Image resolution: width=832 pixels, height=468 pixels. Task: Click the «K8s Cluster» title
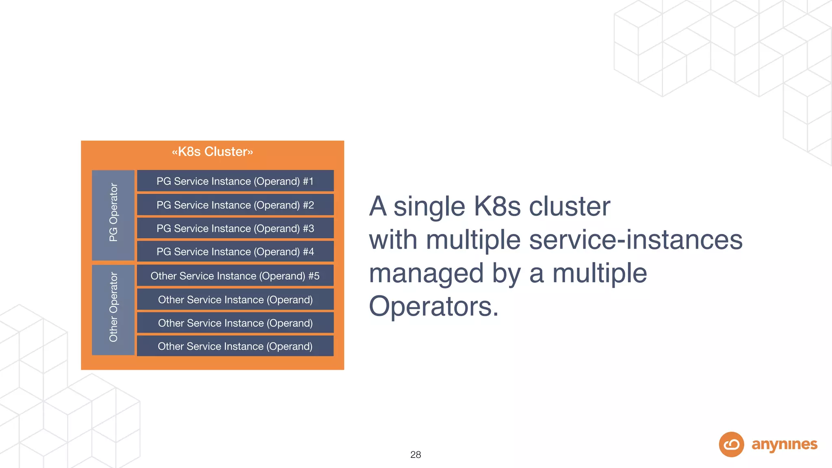click(212, 152)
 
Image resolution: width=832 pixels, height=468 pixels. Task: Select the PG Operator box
click(113, 215)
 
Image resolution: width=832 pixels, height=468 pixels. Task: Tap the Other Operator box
click(113, 310)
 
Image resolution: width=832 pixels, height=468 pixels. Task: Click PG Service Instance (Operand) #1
click(235, 181)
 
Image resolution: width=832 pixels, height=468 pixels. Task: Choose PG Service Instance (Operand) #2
click(235, 205)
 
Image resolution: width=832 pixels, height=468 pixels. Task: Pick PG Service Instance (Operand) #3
click(235, 228)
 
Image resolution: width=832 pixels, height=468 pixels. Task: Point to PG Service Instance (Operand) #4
click(235, 251)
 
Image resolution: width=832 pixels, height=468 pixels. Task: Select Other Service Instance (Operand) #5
click(235, 276)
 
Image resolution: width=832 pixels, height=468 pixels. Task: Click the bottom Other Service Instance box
click(235, 346)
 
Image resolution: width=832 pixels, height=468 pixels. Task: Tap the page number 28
click(416, 455)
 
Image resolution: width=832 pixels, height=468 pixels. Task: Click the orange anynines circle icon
click(731, 444)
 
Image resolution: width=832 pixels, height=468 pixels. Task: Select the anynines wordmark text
click(784, 444)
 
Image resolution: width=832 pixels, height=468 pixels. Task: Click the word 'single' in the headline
click(429, 207)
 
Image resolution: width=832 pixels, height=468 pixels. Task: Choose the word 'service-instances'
click(636, 240)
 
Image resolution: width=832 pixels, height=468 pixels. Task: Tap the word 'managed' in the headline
click(426, 274)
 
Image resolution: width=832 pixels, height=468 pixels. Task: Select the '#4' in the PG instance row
click(308, 251)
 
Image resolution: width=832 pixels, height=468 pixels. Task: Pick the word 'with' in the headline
click(393, 240)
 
